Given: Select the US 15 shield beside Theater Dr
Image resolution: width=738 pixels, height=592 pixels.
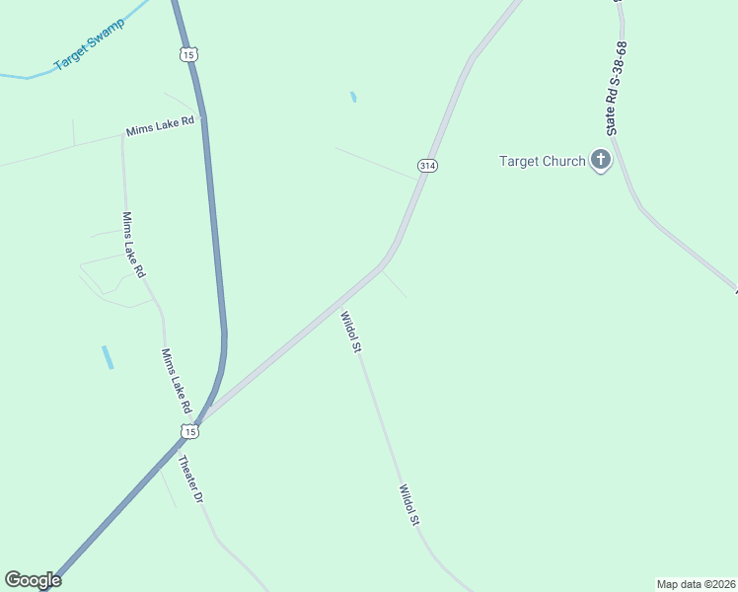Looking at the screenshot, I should pos(189,431).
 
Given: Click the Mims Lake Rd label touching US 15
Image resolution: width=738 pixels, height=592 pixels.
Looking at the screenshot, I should pos(161,129).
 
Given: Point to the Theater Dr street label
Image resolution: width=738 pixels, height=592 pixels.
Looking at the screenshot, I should pos(190,480).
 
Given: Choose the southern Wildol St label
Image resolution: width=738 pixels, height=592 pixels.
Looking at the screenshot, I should pos(410,504).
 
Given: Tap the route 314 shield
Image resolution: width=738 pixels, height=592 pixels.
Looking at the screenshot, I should pos(426,166).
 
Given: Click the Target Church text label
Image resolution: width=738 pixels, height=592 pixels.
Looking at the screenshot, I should pos(542,161).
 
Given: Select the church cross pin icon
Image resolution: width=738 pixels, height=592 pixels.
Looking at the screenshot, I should pos(600,160).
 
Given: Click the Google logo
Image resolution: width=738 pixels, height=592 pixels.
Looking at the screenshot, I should pos(33,580).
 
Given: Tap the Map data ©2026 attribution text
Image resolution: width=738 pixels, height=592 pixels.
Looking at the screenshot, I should pos(696,583).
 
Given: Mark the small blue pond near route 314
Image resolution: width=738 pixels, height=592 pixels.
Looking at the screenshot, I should pos(353,98).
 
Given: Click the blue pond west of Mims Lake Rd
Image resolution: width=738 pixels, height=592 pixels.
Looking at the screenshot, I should pos(107,357).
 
